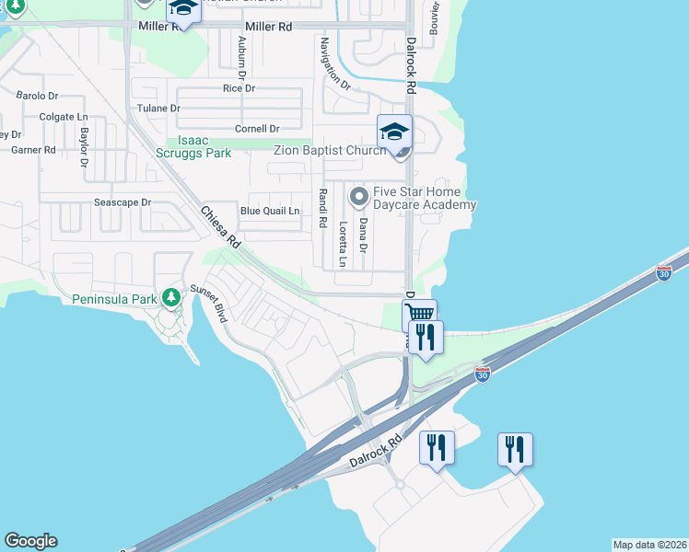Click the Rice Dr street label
[x=239, y=88]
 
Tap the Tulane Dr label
[x=158, y=109]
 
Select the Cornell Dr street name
[x=257, y=129]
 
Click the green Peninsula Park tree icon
[x=170, y=297]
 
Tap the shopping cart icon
[x=419, y=315]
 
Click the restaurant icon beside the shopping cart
[x=426, y=337]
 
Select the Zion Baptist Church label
[x=330, y=150]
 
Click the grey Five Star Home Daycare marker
[x=357, y=196]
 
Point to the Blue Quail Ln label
[x=270, y=211]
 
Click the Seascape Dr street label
[x=122, y=201]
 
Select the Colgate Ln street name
[x=64, y=117]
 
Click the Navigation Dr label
[x=334, y=63]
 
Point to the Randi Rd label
[x=322, y=209]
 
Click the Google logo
[x=30, y=541]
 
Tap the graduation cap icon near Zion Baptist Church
[x=394, y=131]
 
